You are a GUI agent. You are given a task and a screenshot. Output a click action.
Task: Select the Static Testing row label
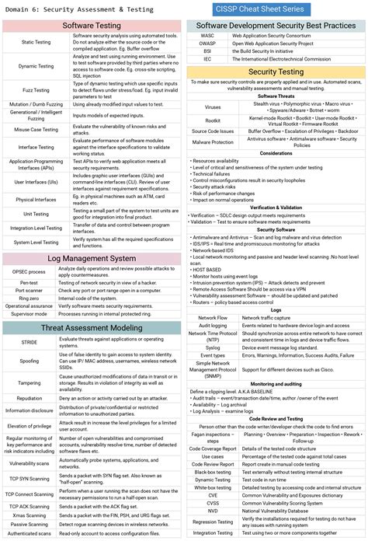36,42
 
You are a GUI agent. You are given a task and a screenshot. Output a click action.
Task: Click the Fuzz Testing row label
36,90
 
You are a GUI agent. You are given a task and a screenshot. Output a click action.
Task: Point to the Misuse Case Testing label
36,129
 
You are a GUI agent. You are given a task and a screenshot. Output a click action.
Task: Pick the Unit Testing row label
36,213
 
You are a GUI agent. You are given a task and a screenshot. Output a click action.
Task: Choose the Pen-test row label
30,282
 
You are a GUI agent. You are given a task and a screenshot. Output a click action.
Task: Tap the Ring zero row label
30,298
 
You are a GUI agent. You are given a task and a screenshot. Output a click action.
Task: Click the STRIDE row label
30,342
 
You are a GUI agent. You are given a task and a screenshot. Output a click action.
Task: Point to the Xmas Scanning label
30,515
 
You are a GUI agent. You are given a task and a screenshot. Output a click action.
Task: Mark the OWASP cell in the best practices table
207,43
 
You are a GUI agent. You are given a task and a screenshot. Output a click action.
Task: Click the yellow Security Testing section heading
275,72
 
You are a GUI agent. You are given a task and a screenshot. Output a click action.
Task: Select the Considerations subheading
276,153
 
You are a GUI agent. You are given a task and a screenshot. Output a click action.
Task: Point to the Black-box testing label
213,472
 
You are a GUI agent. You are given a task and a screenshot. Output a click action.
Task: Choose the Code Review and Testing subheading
276,418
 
